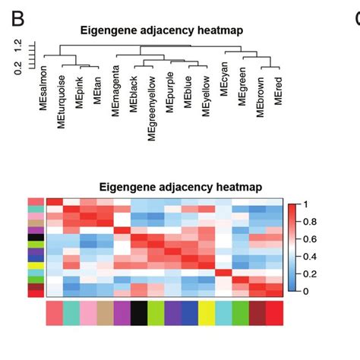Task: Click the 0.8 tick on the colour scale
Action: point(311,222)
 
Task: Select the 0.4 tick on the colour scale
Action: point(311,257)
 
